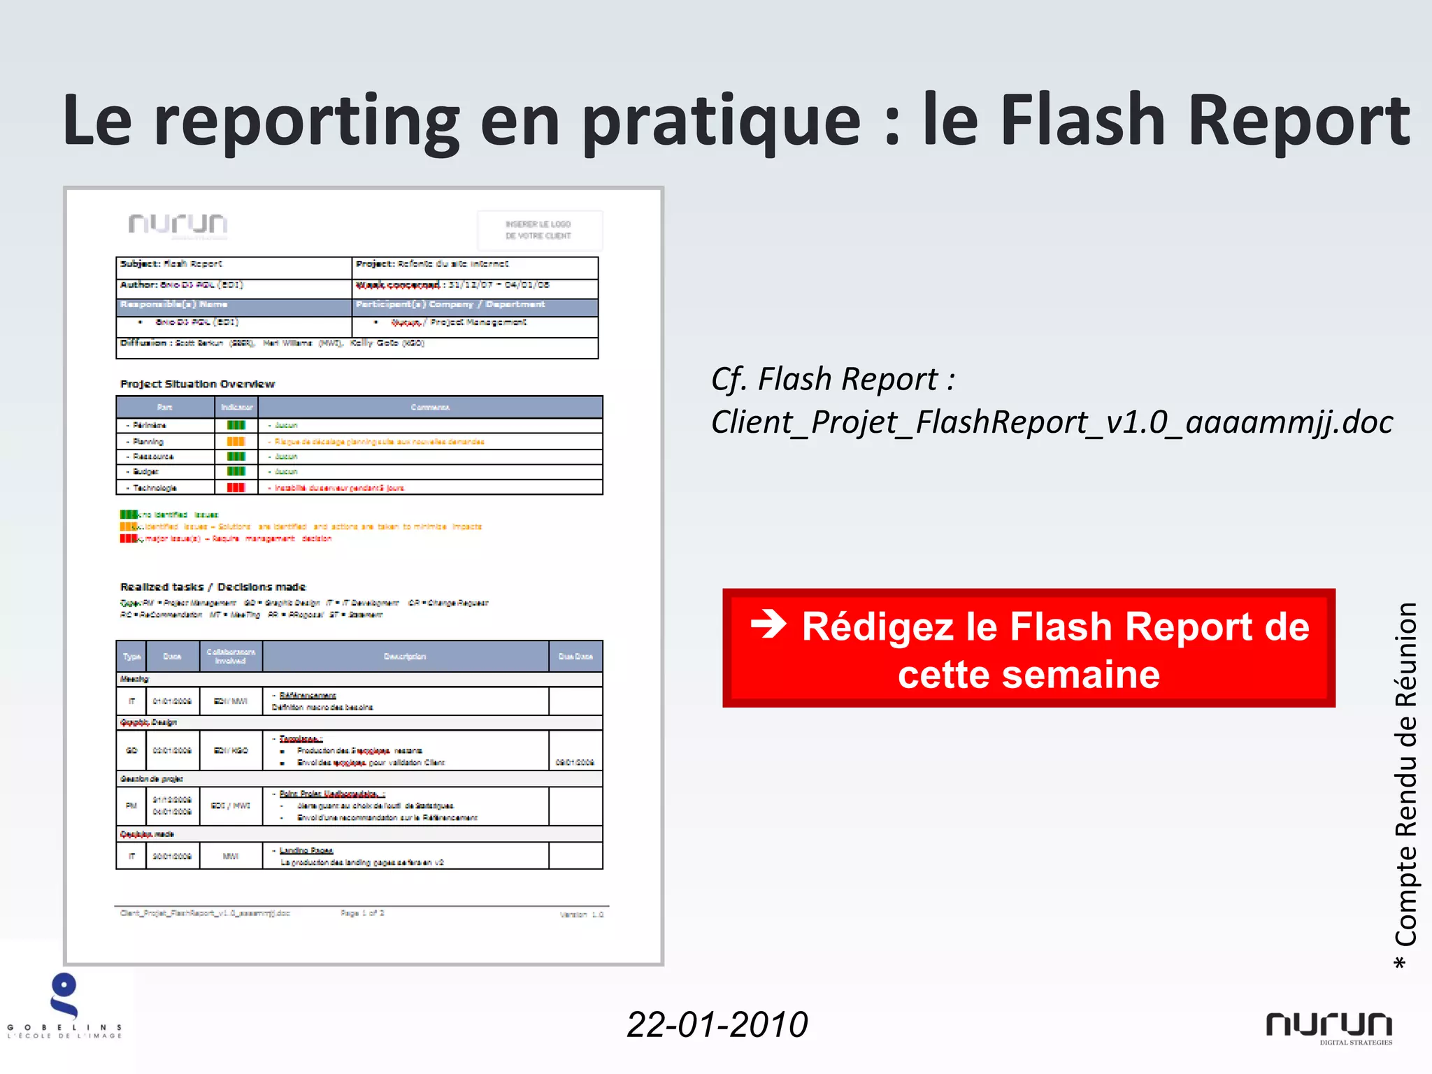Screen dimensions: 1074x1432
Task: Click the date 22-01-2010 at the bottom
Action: pos(717,1024)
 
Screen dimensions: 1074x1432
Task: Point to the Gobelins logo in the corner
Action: pos(64,1005)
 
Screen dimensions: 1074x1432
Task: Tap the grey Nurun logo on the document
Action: pos(178,224)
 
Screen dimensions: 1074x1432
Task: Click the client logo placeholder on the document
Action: pos(539,230)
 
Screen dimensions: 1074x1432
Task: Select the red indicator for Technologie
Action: pos(236,487)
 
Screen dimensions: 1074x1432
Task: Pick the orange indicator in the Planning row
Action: pos(236,441)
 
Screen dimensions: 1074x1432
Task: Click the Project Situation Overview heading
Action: pos(197,384)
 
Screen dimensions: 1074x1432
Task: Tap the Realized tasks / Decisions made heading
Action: pos(213,587)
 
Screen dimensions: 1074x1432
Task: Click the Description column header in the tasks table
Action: pos(405,656)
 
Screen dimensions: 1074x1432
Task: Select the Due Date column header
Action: pos(575,656)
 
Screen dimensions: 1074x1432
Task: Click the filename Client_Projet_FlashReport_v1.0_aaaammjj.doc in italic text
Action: pos(1052,422)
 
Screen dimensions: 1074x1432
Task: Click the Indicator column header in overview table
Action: pos(236,407)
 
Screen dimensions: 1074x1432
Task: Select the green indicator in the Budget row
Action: pos(236,471)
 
